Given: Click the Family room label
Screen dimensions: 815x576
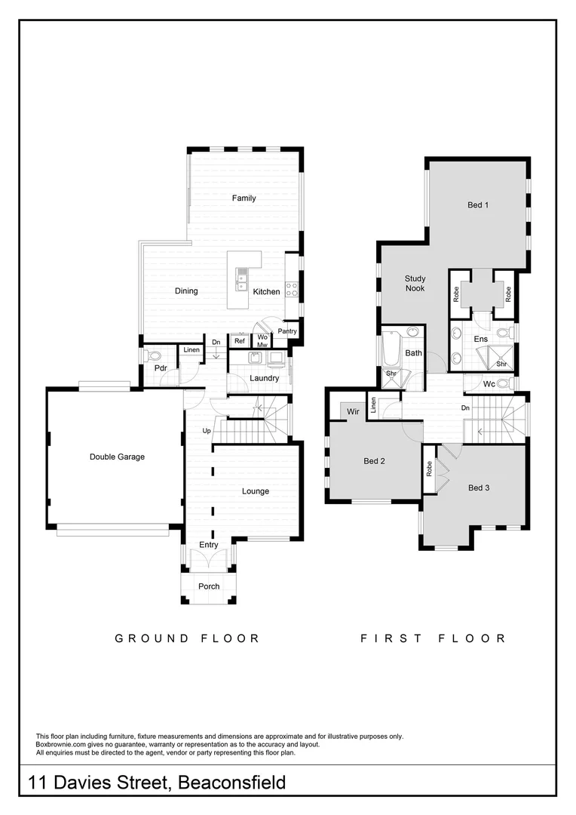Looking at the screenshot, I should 244,198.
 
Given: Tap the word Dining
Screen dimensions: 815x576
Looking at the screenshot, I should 186,291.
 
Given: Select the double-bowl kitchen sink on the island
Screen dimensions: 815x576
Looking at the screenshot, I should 242,281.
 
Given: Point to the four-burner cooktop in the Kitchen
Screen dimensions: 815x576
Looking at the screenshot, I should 291,288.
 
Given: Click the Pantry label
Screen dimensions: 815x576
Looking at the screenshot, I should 287,331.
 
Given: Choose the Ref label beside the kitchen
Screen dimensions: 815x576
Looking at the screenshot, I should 239,341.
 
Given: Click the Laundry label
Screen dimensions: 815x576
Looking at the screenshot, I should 265,378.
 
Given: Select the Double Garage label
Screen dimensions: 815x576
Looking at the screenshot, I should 117,457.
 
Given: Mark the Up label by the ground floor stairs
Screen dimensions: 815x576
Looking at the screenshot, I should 206,431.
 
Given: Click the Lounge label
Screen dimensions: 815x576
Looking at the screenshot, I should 256,491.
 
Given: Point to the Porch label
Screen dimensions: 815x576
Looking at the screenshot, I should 209,586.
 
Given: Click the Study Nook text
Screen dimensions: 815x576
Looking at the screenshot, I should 415,284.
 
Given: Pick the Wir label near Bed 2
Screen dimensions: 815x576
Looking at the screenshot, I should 354,411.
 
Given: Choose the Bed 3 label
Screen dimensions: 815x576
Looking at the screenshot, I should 479,487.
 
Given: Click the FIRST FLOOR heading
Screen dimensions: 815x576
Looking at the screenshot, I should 434,638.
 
